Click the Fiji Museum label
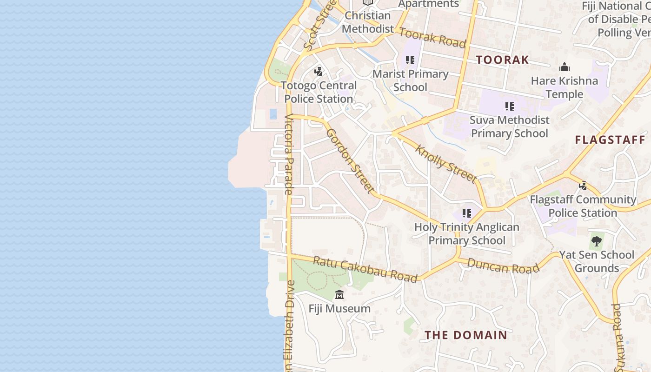339,308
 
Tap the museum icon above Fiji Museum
339,295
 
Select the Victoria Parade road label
289,154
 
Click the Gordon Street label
350,160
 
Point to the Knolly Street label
446,164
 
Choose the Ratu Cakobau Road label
365,269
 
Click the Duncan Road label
503,266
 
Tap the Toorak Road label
432,38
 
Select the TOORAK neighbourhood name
502,60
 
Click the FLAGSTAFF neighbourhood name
610,139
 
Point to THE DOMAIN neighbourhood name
466,335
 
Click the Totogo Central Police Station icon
319,72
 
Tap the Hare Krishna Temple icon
565,67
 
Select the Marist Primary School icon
410,60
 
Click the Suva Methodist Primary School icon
510,106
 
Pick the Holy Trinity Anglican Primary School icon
467,213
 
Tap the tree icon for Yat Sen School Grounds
597,241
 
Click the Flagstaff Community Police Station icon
583,186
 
